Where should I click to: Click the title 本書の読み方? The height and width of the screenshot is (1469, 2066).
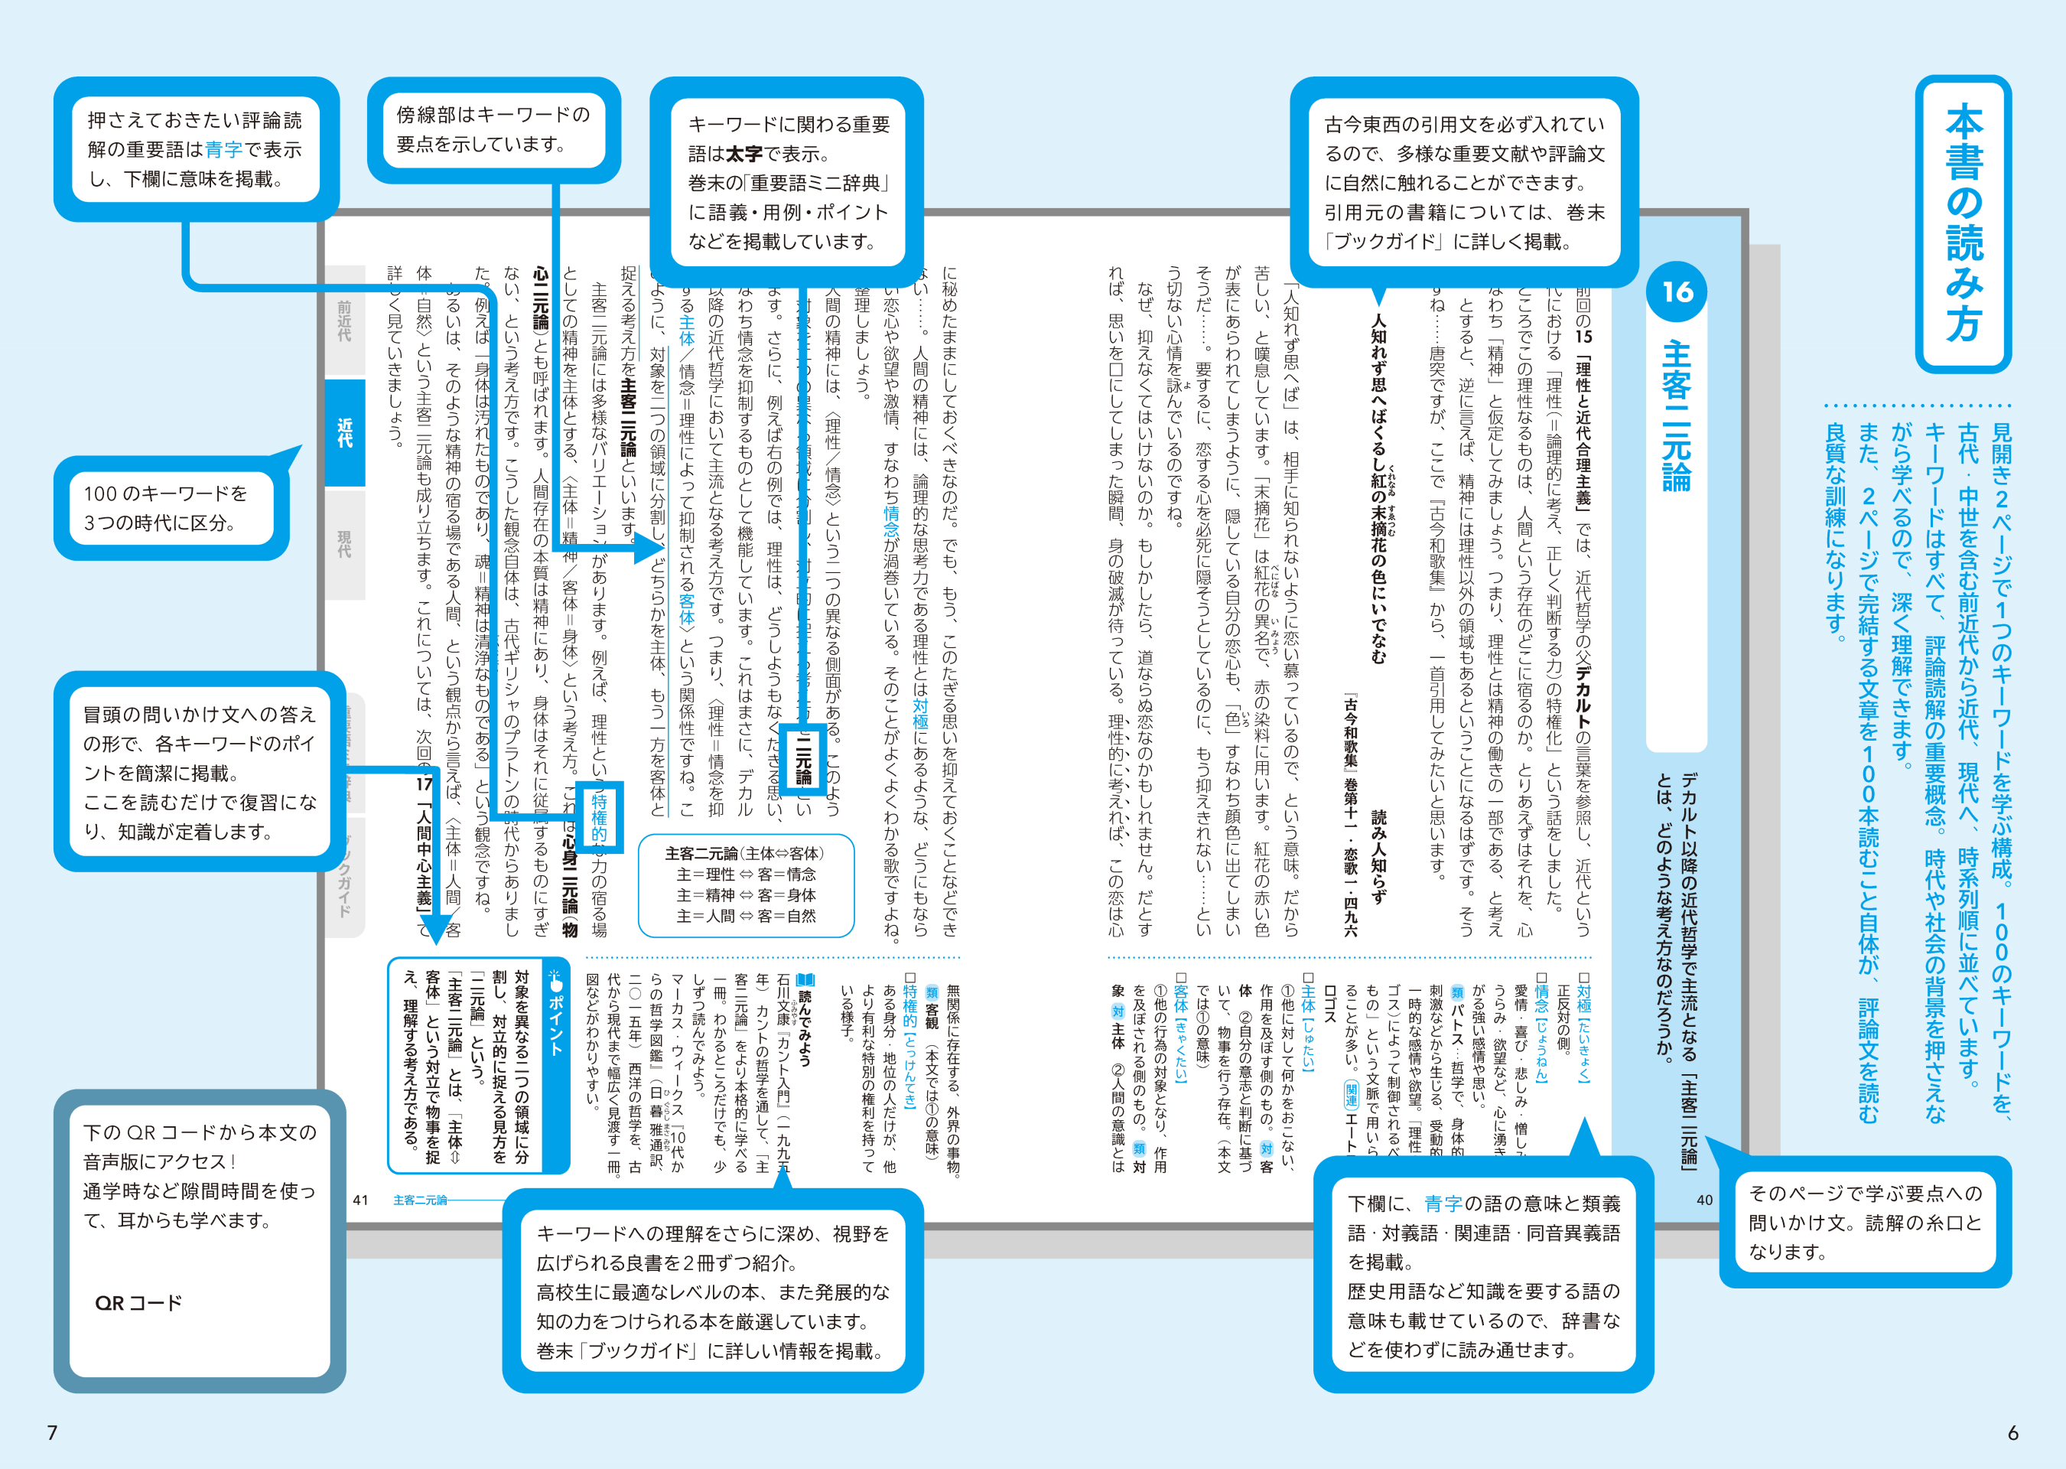click(1963, 223)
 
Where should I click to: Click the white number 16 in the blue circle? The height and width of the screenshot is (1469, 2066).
click(1677, 292)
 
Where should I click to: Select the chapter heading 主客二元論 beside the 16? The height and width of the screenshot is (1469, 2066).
click(1677, 415)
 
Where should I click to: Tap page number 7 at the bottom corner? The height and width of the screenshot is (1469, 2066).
click(53, 1432)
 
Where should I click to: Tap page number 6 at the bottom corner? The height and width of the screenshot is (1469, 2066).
click(2012, 1432)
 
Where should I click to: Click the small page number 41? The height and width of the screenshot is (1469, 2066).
click(361, 1200)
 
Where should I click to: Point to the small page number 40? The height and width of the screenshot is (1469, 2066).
click(1704, 1200)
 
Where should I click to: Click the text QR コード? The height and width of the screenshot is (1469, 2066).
click(138, 1302)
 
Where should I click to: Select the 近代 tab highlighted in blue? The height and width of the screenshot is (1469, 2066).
click(344, 432)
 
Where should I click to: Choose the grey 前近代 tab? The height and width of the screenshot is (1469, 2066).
click(344, 321)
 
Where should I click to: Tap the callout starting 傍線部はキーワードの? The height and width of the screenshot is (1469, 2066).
click(493, 129)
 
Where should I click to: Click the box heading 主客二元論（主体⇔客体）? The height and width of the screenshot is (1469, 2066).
click(744, 853)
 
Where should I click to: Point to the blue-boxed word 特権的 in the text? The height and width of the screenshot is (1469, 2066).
click(599, 818)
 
